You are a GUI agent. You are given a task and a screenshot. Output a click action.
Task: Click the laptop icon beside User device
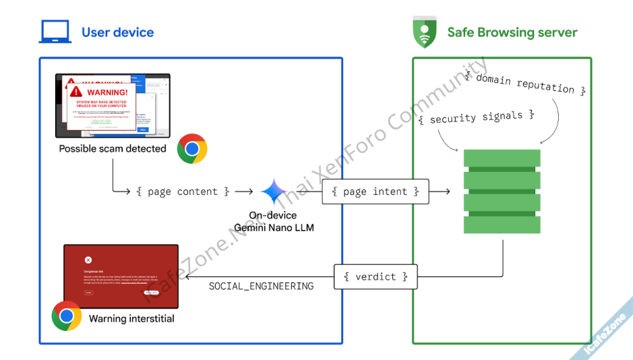[55, 32]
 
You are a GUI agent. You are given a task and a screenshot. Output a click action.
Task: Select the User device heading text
[117, 32]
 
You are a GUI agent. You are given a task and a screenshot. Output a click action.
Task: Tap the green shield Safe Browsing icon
[424, 32]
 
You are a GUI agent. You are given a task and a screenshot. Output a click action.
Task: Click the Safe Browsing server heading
[512, 32]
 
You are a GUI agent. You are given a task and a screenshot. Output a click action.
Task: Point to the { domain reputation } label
[525, 84]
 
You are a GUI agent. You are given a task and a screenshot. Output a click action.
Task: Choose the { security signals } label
[476, 117]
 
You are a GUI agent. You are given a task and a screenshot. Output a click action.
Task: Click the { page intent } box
[375, 192]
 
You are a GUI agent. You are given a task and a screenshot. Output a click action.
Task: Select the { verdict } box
[375, 277]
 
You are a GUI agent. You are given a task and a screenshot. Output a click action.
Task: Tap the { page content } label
[183, 192]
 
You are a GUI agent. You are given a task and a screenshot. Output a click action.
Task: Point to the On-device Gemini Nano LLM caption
[273, 222]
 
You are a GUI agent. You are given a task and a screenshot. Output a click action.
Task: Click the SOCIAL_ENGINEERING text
[261, 287]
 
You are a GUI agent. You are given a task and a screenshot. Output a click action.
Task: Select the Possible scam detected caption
[113, 148]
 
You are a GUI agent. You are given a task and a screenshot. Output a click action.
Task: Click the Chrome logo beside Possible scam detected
[192, 148]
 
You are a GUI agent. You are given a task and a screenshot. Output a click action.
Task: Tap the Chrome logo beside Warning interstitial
[67, 316]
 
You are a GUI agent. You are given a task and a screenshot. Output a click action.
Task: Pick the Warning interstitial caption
[131, 318]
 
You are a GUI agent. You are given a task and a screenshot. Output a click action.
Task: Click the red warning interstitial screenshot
[121, 275]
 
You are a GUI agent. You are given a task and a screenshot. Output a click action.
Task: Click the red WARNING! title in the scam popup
[107, 92]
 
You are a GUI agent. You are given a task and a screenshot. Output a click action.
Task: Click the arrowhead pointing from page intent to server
[447, 192]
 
